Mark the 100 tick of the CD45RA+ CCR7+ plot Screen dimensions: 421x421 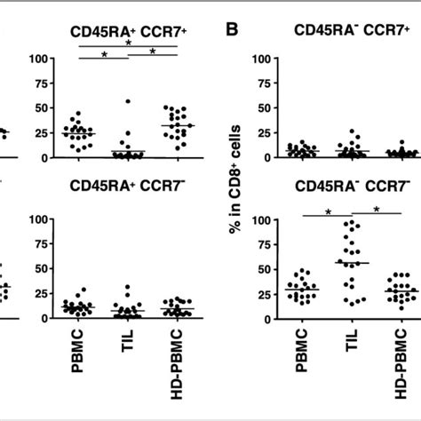click(37, 60)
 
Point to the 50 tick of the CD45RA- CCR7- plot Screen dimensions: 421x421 click(263, 268)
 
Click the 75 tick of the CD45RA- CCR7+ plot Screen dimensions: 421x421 click(263, 83)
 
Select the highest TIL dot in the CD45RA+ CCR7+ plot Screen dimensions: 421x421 click(128, 102)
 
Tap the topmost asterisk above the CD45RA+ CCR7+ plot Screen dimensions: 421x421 click(128, 42)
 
